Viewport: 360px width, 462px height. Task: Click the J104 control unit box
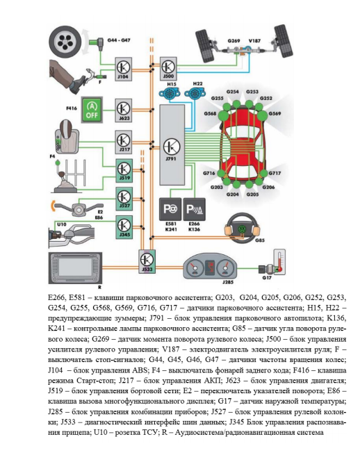click(123, 69)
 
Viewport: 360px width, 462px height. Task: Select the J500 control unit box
click(168, 69)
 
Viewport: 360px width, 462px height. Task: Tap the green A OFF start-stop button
click(92, 110)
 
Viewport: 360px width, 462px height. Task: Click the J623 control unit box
click(123, 110)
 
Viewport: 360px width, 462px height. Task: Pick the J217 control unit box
click(123, 142)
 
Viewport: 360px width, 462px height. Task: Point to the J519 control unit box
click(124, 171)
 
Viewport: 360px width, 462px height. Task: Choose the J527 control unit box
click(124, 199)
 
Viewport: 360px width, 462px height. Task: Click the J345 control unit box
click(124, 227)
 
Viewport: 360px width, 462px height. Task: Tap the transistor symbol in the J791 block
click(172, 147)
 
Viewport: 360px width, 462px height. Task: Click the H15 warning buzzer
click(168, 94)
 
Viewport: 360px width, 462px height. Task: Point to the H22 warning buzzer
click(195, 93)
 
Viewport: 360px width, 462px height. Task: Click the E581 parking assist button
click(170, 210)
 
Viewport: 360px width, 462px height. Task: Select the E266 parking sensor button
click(195, 210)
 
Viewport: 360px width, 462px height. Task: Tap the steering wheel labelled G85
click(242, 229)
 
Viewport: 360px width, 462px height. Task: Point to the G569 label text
click(275, 113)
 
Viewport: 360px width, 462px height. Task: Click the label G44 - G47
click(119, 40)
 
